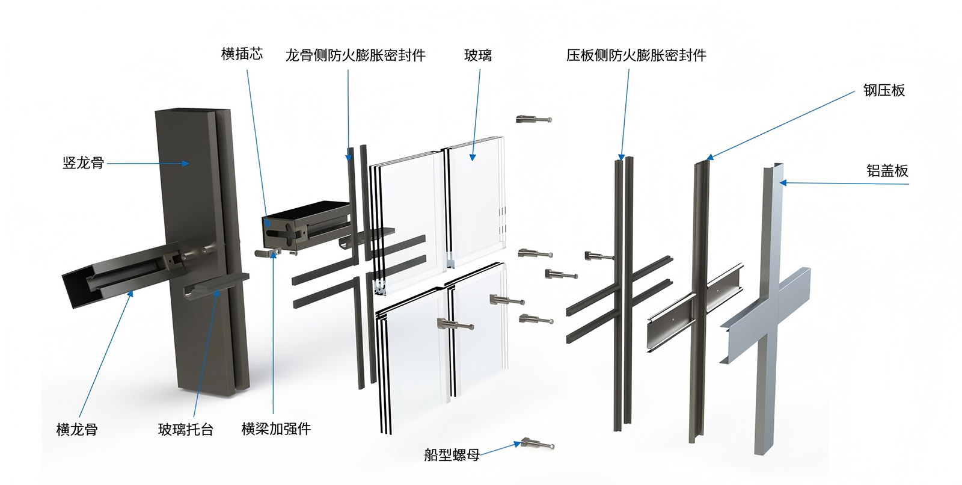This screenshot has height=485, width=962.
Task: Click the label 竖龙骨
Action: pyautogui.click(x=84, y=163)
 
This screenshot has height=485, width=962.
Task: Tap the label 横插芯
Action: pyautogui.click(x=242, y=54)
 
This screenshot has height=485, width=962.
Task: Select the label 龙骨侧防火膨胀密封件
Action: pyautogui.click(x=355, y=55)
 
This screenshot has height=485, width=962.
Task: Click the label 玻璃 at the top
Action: pyautogui.click(x=477, y=55)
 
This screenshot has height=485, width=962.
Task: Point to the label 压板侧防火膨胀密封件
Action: pyautogui.click(x=636, y=55)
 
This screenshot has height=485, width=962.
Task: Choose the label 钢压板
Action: pyautogui.click(x=884, y=90)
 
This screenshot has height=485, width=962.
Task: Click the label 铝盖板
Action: pyautogui.click(x=887, y=171)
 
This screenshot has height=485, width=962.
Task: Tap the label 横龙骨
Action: pyautogui.click(x=77, y=429)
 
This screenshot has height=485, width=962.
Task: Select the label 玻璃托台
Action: pyautogui.click(x=186, y=429)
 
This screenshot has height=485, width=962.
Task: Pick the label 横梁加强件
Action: pyautogui.click(x=276, y=428)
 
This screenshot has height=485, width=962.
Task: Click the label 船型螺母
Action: pyautogui.click(x=452, y=454)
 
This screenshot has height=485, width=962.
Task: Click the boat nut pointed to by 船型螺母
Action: pyautogui.click(x=538, y=443)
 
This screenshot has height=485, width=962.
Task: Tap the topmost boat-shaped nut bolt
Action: pyautogui.click(x=534, y=119)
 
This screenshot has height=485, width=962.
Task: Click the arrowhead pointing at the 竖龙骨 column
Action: pyautogui.click(x=185, y=164)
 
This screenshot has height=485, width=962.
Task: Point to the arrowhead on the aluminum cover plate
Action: pyautogui.click(x=783, y=183)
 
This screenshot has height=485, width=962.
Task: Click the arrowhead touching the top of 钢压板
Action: pyautogui.click(x=710, y=157)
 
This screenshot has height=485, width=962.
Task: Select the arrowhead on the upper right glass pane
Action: pyautogui.click(x=473, y=157)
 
